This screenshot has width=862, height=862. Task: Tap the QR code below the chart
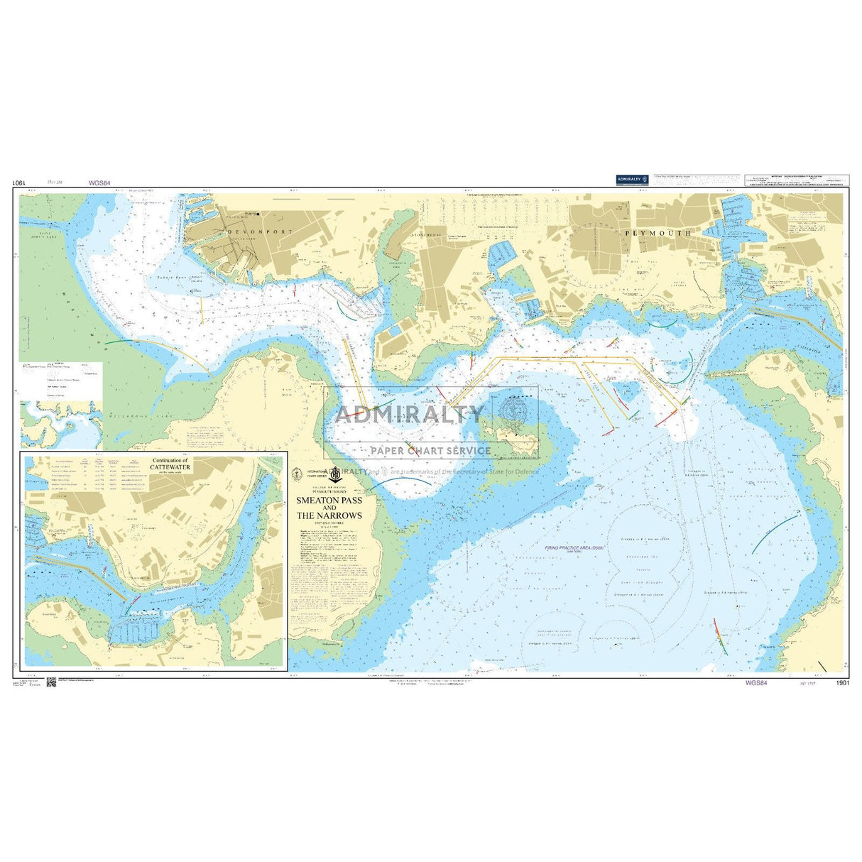click(51, 683)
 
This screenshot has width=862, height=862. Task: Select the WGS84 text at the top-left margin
click(99, 182)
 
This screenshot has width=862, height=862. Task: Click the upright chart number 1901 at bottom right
click(843, 683)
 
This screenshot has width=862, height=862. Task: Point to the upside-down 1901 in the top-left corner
click(19, 182)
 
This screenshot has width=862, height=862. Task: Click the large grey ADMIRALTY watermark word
click(410, 414)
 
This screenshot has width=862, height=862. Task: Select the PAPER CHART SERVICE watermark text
click(430, 450)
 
